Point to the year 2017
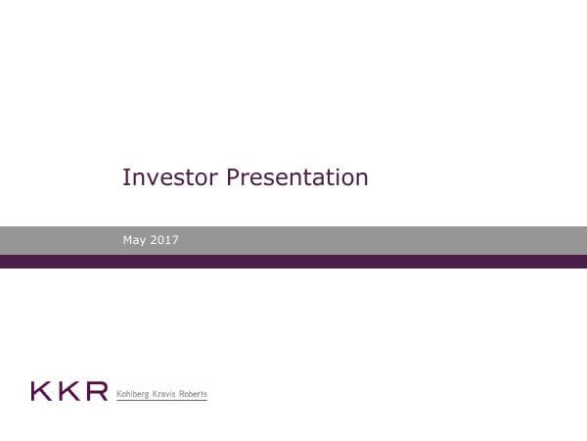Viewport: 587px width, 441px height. (165, 240)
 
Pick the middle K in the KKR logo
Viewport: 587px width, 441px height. (68, 392)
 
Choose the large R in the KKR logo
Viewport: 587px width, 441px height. (96, 392)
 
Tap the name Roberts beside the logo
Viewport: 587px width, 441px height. (194, 394)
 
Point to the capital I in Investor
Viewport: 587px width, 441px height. (125, 177)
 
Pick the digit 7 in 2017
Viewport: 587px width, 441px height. (175, 240)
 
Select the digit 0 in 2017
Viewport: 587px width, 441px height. (162, 240)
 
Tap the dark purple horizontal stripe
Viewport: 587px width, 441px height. (293, 262)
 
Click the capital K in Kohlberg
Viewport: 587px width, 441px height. (119, 394)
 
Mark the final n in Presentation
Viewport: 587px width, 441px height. (362, 179)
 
